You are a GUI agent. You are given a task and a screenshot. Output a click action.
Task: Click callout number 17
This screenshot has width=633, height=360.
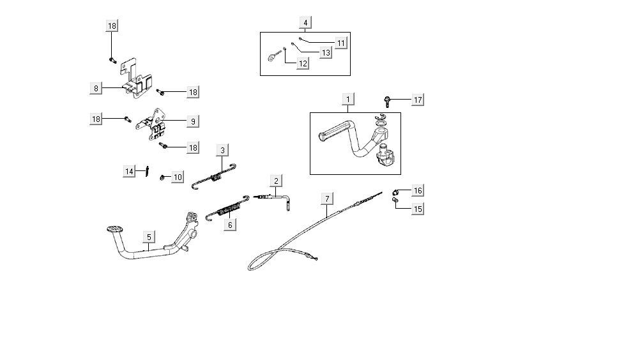417,100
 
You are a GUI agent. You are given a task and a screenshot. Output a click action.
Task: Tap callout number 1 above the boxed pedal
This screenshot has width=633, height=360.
348,99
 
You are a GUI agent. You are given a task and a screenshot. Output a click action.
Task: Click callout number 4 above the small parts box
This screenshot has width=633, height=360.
305,22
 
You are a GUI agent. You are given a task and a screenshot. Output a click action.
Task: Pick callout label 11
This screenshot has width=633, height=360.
340,43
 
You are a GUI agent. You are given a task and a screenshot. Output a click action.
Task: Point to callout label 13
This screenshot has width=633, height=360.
326,53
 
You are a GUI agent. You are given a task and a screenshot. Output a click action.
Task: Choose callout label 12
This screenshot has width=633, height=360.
302,63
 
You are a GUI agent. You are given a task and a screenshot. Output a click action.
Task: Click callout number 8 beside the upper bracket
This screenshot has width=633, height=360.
96,88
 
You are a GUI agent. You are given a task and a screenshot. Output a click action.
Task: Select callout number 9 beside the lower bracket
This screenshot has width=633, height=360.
192,120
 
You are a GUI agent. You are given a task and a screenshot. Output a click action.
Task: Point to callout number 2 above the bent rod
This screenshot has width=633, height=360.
276,181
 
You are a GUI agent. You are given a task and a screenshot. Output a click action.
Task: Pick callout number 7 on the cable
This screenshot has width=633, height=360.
327,198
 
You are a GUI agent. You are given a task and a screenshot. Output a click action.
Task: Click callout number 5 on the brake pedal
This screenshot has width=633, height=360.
149,237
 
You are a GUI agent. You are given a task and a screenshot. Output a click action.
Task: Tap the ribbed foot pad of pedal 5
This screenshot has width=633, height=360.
114,228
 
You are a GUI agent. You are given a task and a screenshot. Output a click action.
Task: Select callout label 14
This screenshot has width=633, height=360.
130,170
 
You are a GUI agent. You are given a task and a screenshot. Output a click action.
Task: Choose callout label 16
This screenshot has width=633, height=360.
417,190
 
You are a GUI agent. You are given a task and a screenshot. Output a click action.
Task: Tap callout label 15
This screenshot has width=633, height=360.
417,209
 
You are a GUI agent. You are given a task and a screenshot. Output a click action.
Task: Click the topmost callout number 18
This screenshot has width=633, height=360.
112,26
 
